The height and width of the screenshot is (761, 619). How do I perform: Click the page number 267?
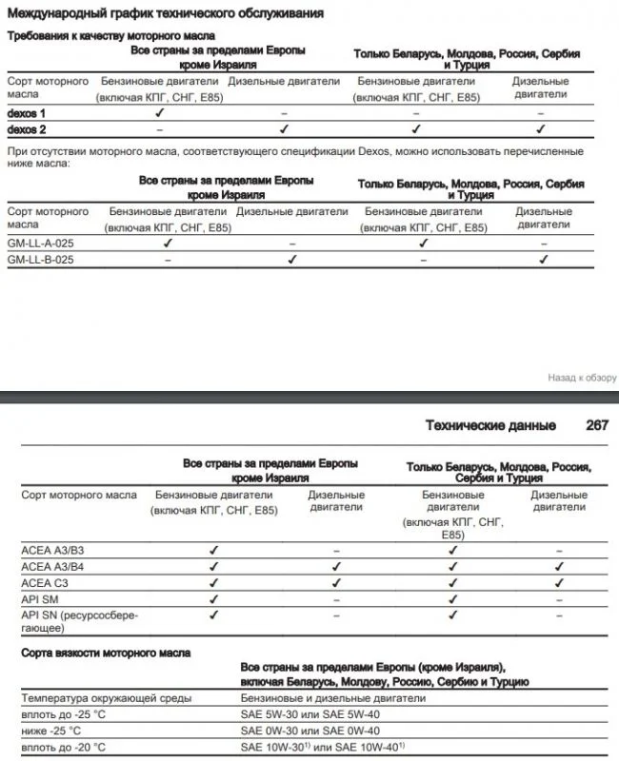pyautogui.click(x=597, y=425)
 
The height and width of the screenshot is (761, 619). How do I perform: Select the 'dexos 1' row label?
pyautogui.click(x=27, y=113)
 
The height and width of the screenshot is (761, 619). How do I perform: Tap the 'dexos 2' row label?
pyautogui.click(x=27, y=128)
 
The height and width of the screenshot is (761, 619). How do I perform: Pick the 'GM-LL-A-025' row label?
pyautogui.click(x=39, y=244)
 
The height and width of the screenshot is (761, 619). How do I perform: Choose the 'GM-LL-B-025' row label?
pyautogui.click(x=39, y=259)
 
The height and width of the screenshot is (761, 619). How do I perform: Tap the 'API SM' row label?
pyautogui.click(x=40, y=598)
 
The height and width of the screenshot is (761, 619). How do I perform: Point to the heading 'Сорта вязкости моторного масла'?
pyautogui.click(x=106, y=654)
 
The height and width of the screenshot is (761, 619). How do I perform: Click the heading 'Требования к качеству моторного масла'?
pyautogui.click(x=111, y=35)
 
